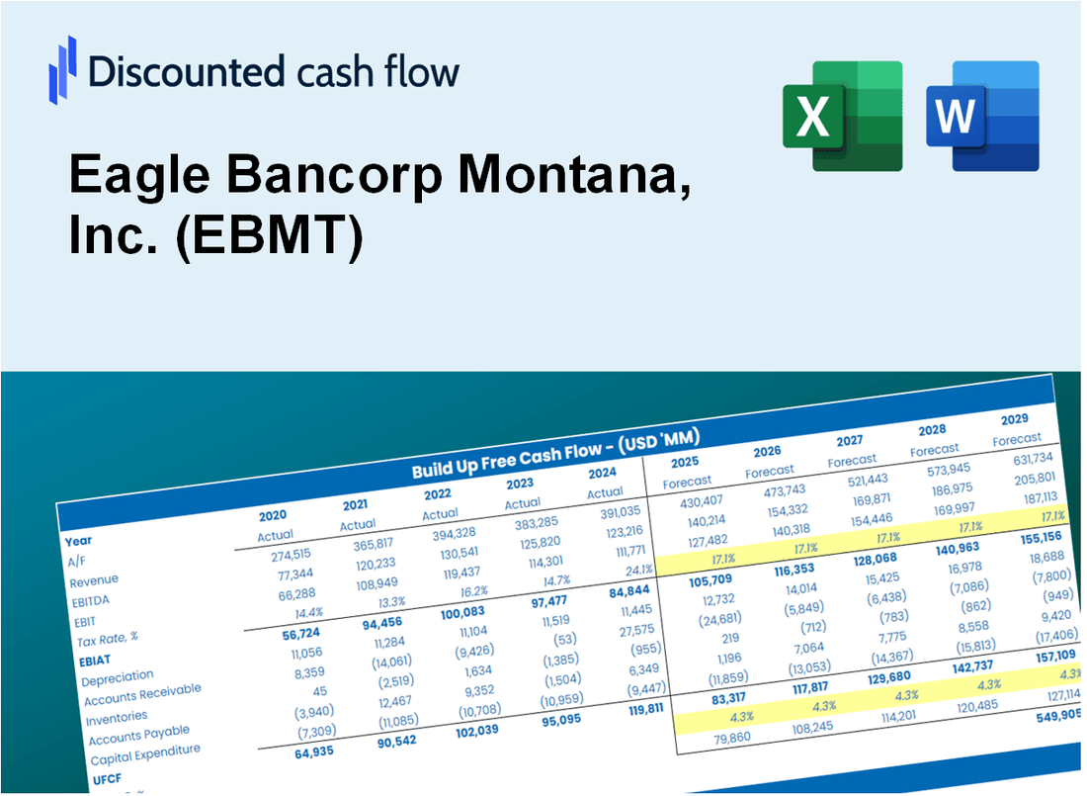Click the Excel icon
(x=842, y=116)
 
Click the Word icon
(x=982, y=116)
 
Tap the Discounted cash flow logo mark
(x=62, y=70)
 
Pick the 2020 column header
(x=273, y=515)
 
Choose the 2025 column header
(x=685, y=462)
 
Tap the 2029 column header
(x=1014, y=418)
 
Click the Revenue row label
(x=94, y=579)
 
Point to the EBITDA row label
(x=90, y=600)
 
